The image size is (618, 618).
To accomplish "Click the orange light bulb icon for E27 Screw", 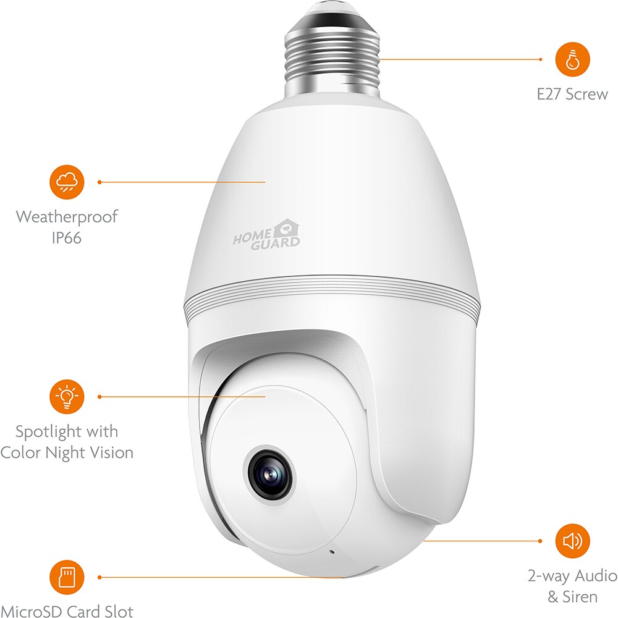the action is pos(572,59).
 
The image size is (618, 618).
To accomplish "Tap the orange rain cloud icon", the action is pos(67,182).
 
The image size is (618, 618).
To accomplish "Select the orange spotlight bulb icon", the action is pos(67,397).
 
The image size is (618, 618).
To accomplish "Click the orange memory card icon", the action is pos(67,577).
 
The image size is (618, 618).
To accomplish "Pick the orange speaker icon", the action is pos(572,541).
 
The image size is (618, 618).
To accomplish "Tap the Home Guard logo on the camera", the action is pos(266,235).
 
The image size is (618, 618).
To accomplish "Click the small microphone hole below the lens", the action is pos(332,552).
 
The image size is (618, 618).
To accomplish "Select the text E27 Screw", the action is pos(572,94).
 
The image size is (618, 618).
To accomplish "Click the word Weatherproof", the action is pos(67,217).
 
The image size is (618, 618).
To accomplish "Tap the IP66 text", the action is pos(67,238).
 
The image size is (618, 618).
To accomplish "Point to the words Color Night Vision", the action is pos(67,453).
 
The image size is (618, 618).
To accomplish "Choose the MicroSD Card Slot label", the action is pos(67,611).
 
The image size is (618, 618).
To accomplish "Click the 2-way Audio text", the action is pos(573,576).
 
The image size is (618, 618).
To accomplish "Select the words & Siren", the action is pos(572,597).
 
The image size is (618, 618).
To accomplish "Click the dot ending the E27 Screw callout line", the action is pos(540,59).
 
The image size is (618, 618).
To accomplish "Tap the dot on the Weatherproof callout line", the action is pos(99,182).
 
